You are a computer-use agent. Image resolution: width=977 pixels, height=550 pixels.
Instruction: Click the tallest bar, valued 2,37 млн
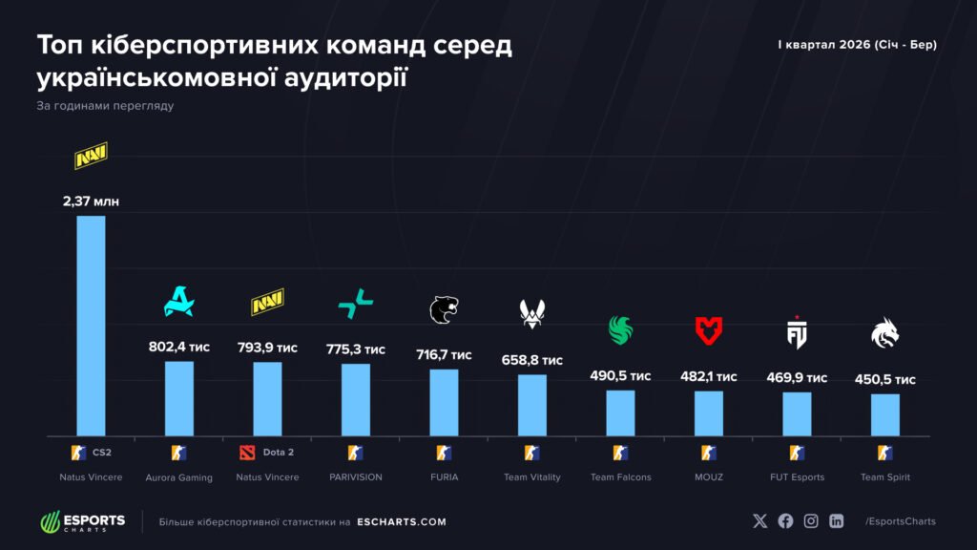pyautogui.click(x=91, y=325)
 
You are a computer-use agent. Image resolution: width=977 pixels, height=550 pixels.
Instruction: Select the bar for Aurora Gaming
pyautogui.click(x=179, y=397)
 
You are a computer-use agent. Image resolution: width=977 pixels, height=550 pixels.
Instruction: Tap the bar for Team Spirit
pyautogui.click(x=885, y=413)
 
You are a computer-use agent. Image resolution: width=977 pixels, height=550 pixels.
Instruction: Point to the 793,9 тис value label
pyautogui.click(x=267, y=348)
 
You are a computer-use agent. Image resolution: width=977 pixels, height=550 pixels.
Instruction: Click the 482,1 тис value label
pyautogui.click(x=708, y=376)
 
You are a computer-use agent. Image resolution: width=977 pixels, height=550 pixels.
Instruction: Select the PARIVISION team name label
pyautogui.click(x=356, y=476)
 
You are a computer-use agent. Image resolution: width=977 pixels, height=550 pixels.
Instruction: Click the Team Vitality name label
pyautogui.click(x=532, y=476)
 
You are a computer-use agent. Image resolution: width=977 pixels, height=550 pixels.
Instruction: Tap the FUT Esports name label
pyautogui.click(x=797, y=476)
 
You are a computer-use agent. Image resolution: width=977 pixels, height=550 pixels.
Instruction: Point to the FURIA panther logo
pyautogui.click(x=444, y=309)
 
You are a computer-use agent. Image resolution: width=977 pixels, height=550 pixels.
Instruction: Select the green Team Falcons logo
pyautogui.click(x=621, y=330)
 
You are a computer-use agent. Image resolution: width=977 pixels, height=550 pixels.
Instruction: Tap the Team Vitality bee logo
pyautogui.click(x=532, y=312)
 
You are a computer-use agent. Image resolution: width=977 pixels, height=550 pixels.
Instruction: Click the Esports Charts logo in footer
pyautogui.click(x=82, y=521)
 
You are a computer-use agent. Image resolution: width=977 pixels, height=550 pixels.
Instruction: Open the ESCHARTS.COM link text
pyautogui.click(x=401, y=522)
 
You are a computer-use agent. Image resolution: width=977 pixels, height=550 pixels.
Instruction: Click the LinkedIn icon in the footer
pyautogui.click(x=837, y=521)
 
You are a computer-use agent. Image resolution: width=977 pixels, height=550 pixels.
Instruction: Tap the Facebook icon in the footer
pyautogui.click(x=785, y=521)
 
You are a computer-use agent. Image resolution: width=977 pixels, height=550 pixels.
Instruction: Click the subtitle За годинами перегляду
pyautogui.click(x=105, y=105)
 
